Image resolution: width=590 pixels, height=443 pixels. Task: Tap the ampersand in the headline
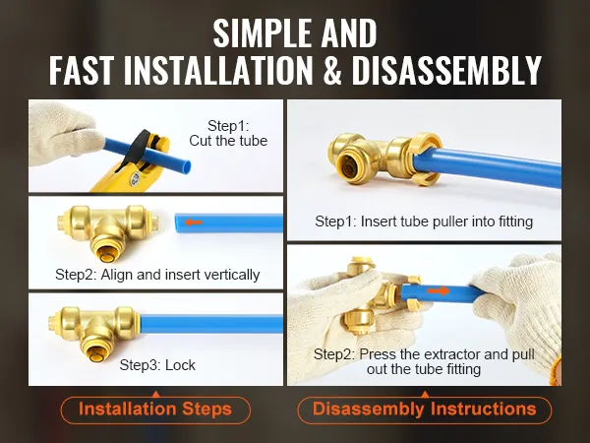point(332,71)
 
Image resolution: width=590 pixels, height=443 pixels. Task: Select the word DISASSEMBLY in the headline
point(446,71)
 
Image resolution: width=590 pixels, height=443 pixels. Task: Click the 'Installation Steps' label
point(155,410)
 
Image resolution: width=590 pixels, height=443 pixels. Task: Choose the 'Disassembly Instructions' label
point(425,410)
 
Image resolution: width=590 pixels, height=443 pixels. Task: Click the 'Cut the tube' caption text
point(228,141)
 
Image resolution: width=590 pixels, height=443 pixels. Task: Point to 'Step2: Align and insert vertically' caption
point(157,275)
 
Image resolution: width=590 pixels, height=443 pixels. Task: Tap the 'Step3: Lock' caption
point(157,365)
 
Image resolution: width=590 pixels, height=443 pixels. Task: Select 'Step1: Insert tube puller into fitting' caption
point(424,221)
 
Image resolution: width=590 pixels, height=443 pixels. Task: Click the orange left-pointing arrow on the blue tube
point(194,222)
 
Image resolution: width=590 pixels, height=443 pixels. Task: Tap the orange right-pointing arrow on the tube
point(439,290)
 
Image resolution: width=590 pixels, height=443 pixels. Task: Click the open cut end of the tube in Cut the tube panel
point(186,165)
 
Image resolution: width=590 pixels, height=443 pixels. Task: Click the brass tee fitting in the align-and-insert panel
point(107,232)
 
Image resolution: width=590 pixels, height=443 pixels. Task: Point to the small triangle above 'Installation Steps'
point(155,395)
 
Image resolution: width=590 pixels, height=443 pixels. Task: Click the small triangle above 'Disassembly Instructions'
point(425,395)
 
